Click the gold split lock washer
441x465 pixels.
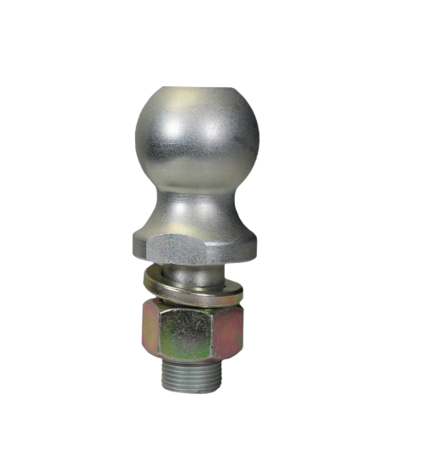pyautogui.click(x=196, y=282)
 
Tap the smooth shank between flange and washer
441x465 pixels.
pyautogui.click(x=196, y=269)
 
